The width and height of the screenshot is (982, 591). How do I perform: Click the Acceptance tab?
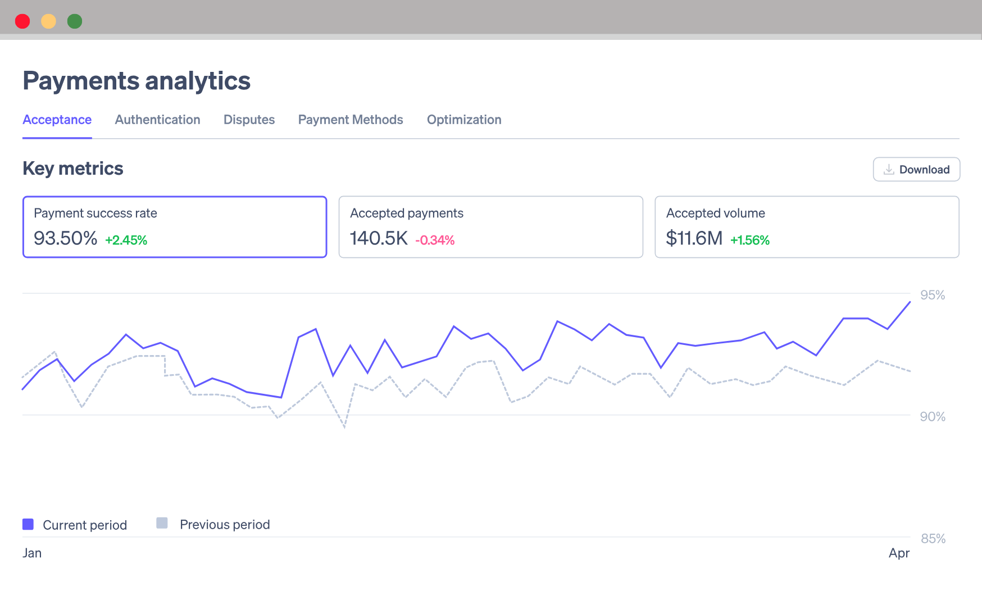(57, 120)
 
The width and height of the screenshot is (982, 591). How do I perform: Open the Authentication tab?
(157, 120)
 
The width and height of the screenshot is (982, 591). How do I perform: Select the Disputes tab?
(249, 120)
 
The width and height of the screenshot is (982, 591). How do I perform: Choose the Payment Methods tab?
(351, 120)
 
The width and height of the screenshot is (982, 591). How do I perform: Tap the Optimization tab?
(464, 120)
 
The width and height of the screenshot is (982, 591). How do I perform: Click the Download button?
(916, 170)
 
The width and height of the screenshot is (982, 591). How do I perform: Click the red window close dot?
(22, 21)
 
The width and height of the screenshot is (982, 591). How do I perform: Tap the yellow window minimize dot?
(49, 21)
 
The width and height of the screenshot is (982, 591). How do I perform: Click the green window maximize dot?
(75, 21)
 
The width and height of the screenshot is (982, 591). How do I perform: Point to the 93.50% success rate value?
(65, 238)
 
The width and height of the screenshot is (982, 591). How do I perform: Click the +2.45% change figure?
(126, 240)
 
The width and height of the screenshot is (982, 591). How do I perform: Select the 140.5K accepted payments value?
(379, 238)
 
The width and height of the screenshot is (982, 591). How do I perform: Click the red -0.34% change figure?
(435, 240)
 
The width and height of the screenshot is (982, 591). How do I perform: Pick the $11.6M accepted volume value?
(694, 238)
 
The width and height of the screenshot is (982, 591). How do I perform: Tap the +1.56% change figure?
(750, 240)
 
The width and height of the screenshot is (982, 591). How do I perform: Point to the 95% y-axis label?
(933, 295)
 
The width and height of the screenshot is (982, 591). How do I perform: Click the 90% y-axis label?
(933, 417)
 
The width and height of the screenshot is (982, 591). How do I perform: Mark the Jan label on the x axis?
(32, 553)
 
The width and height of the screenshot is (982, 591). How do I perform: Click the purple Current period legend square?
(28, 524)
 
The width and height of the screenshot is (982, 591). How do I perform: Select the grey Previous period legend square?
(162, 523)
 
